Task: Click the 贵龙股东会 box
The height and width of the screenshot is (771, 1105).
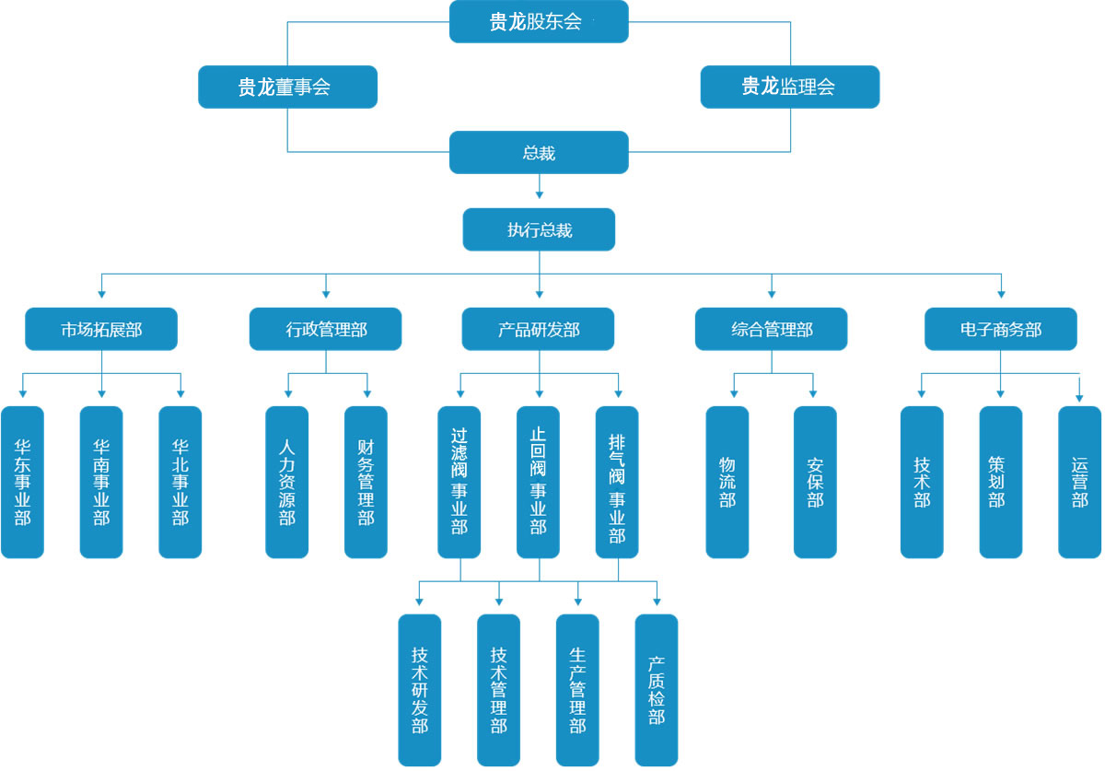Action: [539, 22]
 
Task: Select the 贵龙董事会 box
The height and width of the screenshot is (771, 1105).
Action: [287, 87]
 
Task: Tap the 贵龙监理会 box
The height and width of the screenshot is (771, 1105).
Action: [789, 87]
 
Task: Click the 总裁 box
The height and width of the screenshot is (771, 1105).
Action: [539, 152]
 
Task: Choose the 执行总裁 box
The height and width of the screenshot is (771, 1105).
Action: [539, 229]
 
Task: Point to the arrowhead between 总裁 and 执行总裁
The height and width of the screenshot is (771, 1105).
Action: [539, 194]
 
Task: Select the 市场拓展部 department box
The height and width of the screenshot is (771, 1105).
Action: [101, 329]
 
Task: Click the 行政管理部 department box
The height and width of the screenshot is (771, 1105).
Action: [325, 329]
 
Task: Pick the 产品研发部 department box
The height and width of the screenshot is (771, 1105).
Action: [539, 329]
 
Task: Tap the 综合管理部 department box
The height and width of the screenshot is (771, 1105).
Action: [772, 329]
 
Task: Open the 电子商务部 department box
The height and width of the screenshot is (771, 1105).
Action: [1000, 329]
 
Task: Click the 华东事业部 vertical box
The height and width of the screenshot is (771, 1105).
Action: [22, 482]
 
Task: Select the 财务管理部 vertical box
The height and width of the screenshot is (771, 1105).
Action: [366, 482]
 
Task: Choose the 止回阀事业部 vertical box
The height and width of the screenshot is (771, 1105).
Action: [538, 482]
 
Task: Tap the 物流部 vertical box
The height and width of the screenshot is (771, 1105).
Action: [727, 482]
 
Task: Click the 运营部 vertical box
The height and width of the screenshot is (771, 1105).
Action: [1079, 482]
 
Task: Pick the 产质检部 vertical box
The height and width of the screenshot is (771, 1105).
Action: [656, 690]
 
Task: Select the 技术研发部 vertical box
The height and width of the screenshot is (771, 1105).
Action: [419, 690]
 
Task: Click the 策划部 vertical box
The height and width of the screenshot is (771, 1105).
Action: [1000, 482]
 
